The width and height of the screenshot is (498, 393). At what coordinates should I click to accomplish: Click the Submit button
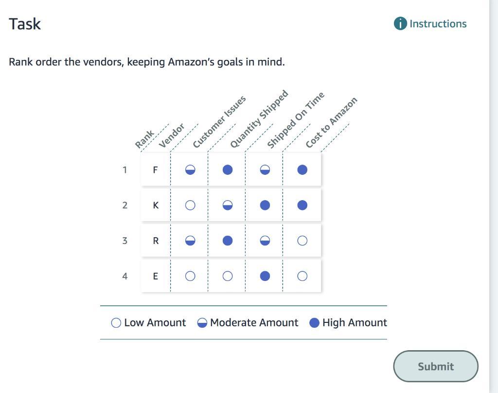coord(435,366)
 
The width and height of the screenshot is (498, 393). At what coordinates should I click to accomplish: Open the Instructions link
coord(438,24)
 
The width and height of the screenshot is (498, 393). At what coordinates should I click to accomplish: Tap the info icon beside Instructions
coord(400,24)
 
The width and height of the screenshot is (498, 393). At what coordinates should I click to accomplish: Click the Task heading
coord(25,24)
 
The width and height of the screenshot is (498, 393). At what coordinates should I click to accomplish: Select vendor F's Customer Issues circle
coord(190,169)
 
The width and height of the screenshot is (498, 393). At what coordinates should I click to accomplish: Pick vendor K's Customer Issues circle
coord(190,205)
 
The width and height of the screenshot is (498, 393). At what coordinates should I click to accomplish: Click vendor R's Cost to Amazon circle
coord(302,241)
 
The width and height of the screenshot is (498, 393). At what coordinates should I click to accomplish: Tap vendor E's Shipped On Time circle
coord(265,276)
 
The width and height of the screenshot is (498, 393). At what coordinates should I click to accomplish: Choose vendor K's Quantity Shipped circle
coord(227,205)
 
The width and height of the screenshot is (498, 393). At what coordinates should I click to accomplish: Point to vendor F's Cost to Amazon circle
coord(302,169)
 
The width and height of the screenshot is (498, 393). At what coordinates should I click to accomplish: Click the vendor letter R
coord(156,241)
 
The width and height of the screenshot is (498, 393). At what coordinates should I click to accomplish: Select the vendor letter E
coord(156,276)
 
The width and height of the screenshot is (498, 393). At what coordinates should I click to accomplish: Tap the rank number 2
coord(125,205)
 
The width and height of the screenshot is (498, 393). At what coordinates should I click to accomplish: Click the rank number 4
coord(125,276)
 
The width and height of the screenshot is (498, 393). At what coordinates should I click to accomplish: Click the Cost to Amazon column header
coord(331,123)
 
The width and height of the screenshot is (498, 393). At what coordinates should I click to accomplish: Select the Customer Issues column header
coord(219,122)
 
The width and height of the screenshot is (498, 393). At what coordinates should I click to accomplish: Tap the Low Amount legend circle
coord(116,323)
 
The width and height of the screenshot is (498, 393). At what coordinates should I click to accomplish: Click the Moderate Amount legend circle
coord(202,323)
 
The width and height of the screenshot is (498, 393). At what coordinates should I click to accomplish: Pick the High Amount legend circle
coord(315,323)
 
